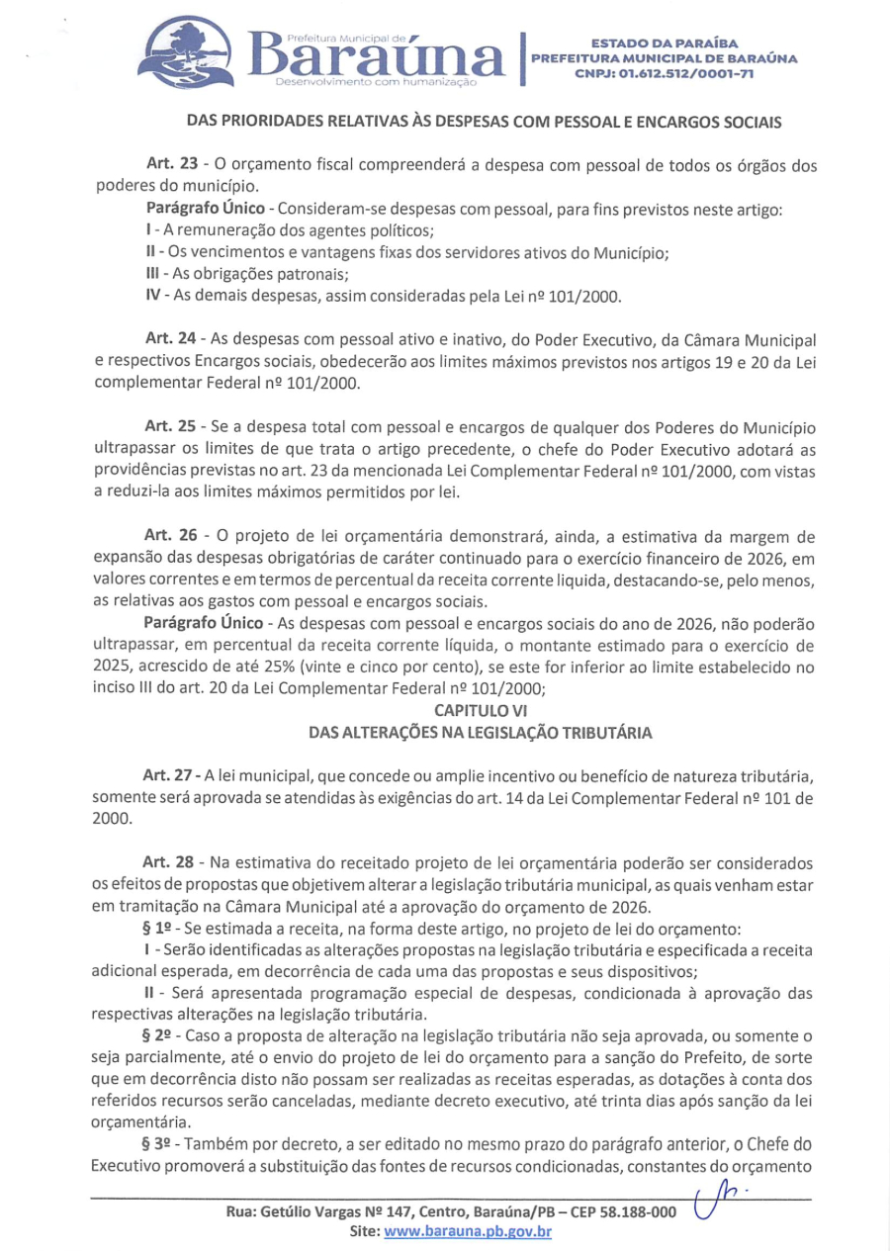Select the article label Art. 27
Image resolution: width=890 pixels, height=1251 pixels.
click(166, 774)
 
